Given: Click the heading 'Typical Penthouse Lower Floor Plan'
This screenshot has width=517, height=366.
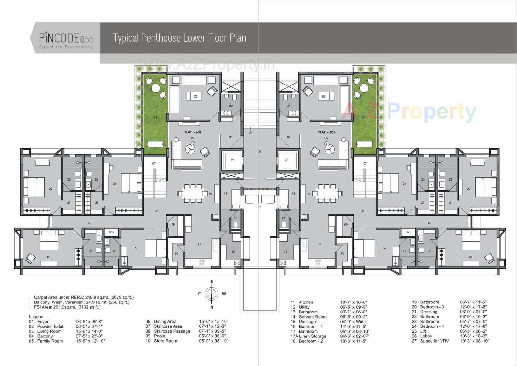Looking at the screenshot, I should tap(179, 38).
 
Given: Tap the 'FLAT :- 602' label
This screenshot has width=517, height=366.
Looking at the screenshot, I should tap(193, 132).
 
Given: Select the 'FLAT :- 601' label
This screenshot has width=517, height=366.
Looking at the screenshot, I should tap(326, 132).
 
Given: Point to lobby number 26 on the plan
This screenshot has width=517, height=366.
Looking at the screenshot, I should tap(260, 152).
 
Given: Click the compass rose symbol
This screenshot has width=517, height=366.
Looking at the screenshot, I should tap(212, 294).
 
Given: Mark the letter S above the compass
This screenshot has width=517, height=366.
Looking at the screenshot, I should tap(212, 282).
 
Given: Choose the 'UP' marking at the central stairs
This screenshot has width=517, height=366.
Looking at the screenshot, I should tap(250, 133).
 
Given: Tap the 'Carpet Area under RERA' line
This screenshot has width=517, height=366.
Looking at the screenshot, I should tap(84, 297).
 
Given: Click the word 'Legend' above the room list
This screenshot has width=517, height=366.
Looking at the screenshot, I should tap(36, 317).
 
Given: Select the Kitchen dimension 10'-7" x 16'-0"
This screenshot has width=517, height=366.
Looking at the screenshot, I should tap(353, 302).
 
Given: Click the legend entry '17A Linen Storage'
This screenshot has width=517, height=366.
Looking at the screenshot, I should tap(308, 336).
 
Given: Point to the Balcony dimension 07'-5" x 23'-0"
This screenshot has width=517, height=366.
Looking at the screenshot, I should tap(89, 336).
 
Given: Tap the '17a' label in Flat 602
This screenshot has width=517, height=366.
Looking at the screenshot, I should tap(111, 232).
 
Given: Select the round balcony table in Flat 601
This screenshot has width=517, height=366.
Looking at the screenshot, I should tap(364, 88).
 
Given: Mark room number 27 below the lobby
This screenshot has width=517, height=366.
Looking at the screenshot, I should tap(259, 207).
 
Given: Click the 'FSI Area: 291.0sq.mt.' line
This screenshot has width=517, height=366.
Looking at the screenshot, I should tap(67, 307).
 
